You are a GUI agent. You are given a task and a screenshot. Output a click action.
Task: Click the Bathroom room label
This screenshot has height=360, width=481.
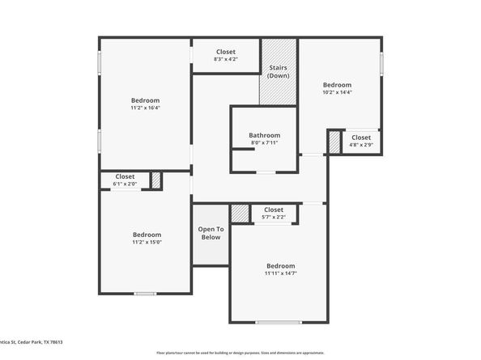point(264,136)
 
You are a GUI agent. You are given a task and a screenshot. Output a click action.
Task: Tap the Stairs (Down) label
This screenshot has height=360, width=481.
point(279,71)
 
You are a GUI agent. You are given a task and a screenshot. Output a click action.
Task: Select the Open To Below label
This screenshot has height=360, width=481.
point(210,233)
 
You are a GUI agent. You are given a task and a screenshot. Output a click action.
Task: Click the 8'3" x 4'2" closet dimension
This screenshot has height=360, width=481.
point(225,59)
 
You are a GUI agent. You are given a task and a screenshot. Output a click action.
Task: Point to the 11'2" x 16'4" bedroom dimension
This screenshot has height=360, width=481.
point(146,108)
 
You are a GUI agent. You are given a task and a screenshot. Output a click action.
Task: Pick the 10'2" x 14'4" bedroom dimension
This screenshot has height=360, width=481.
point(337,92)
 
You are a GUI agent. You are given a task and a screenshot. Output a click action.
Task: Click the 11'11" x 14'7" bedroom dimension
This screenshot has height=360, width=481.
point(280,273)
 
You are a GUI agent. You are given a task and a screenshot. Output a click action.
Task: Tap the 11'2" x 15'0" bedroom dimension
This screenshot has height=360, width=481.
point(147,242)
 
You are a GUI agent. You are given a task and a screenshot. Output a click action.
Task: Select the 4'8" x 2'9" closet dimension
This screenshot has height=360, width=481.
point(360,146)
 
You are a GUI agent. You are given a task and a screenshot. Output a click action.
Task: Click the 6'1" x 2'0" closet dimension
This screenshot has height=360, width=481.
point(125,184)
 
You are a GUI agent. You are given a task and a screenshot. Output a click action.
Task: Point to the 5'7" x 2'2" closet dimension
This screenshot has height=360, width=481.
point(273,217)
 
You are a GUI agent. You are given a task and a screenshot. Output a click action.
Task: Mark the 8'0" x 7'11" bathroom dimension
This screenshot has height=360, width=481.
point(264,144)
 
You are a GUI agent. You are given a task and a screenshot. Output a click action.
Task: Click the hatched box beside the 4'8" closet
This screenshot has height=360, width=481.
point(334,142)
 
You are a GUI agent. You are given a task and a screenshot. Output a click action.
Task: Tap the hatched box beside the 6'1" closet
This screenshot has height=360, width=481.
point(156,180)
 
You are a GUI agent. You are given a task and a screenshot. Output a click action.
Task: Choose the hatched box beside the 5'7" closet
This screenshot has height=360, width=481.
point(240,214)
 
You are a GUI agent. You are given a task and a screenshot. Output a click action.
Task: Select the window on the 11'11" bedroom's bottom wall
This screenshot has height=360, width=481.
point(279,323)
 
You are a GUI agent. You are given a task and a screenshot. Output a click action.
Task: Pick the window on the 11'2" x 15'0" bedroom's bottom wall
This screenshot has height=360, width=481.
point(145,293)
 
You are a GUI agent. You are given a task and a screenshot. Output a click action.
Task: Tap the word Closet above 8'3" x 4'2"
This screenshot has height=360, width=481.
point(225,51)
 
